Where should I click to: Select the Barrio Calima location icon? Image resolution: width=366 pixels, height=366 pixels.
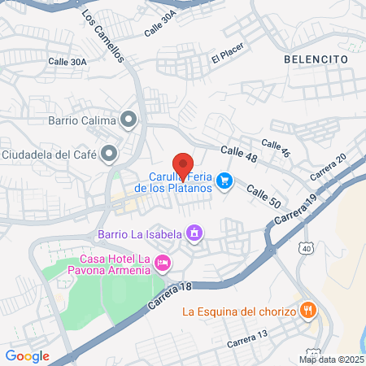pos(129,120)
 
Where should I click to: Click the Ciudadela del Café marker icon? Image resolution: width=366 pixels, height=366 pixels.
pos(109,153)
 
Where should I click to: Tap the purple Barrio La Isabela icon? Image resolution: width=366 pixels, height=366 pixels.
pos(194,235)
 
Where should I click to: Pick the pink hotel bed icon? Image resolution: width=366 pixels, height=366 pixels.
pos(163,262)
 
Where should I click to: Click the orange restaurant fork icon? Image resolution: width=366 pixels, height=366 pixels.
pos(308,310)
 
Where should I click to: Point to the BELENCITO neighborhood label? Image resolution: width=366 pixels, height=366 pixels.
pos(316,59)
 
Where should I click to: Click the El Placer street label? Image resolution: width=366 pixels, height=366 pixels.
pos(228,57)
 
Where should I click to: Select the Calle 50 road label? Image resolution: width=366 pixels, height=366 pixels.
pos(263,195)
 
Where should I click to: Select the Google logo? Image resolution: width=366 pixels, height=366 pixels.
pos(27,355)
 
